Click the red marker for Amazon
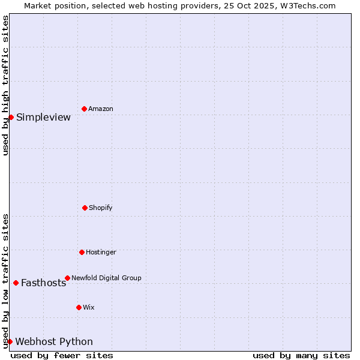pyautogui.click(x=84, y=109)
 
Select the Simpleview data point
pyautogui.click(x=11, y=117)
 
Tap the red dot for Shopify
pyautogui.click(x=85, y=208)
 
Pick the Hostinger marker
pyautogui.click(x=82, y=252)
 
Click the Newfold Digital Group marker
pyautogui.click(x=67, y=278)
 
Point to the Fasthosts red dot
pyautogui.click(x=16, y=283)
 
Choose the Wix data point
pyautogui.click(x=79, y=307)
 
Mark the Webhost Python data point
pyautogui.click(x=10, y=341)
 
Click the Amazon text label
pyautogui.click(x=101, y=109)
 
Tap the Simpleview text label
pyautogui.click(x=43, y=117)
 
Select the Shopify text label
pyautogui.click(x=101, y=208)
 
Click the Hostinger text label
pyautogui.click(x=101, y=252)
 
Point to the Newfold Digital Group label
pyautogui.click(x=106, y=278)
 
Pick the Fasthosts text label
pyautogui.click(x=43, y=283)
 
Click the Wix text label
pyautogui.click(x=89, y=307)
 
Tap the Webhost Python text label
pyautogui.click(x=54, y=342)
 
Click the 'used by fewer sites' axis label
pyautogui.click(x=62, y=355)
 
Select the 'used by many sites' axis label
pyautogui.click(x=301, y=355)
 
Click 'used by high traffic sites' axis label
pyautogui.click(x=5, y=85)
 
